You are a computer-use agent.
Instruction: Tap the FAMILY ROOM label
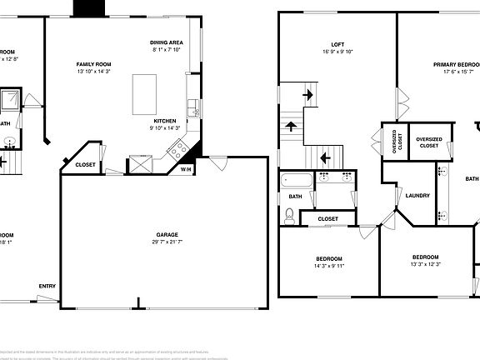tap(94, 64)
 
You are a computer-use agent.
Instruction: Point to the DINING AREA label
tap(167, 42)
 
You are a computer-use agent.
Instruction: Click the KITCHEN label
tap(163, 120)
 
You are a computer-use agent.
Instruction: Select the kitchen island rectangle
tap(145, 94)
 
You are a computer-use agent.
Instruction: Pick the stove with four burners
tap(177, 150)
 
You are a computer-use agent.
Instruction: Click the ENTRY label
tap(47, 287)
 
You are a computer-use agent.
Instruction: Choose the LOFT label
tap(337, 44)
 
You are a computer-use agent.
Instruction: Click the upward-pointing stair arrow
tap(291, 127)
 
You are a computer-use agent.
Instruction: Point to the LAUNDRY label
tap(417, 196)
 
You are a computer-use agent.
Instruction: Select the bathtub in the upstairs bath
tap(296, 179)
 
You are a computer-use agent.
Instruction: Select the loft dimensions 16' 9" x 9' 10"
tap(337, 52)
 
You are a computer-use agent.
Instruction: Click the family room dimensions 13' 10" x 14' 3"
tap(94, 72)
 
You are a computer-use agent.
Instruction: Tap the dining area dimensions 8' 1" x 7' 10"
tap(167, 50)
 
